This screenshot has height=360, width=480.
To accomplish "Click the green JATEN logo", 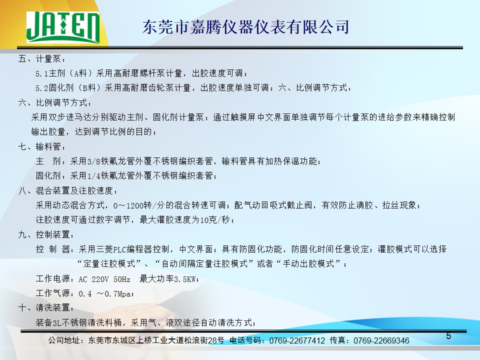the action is point(63,27).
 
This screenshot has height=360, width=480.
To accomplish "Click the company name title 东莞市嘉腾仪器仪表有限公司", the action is point(245,27).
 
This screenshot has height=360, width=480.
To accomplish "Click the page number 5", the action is point(448,336).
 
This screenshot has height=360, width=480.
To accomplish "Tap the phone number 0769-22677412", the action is point(297,340).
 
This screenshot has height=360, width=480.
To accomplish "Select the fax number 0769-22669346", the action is point(381,340).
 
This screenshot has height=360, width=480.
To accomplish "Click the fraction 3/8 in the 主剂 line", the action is point(93,161).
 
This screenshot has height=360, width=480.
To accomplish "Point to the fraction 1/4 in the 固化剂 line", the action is point(93,176).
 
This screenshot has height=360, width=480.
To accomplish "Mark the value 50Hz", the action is point(122,279).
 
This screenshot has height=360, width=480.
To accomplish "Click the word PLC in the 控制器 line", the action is point(120,249).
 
